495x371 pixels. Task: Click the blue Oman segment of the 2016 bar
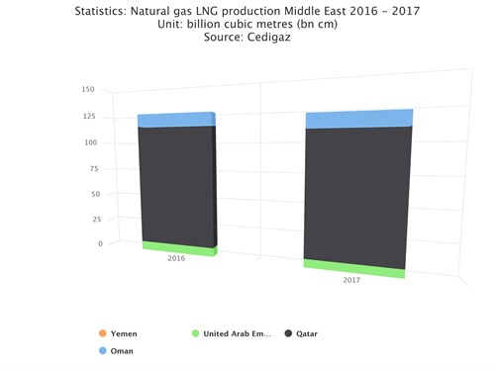point(175,120)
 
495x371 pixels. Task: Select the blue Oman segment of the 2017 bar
point(358,120)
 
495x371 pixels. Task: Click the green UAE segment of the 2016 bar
point(178,248)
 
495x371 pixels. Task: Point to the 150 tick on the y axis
point(88,90)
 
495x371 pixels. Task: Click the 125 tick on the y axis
point(88,117)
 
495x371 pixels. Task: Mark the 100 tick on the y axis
point(88,142)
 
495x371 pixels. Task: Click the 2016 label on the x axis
point(177,259)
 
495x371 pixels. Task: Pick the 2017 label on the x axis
point(351,281)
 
